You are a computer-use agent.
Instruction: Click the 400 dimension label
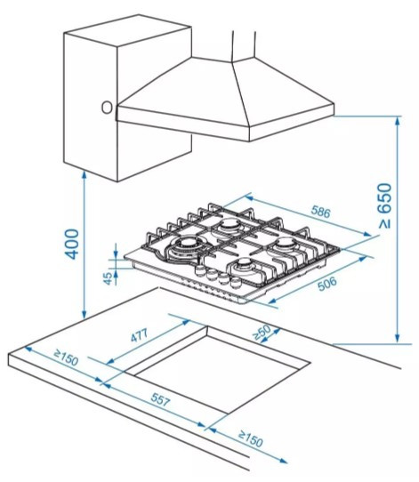(x=72, y=244)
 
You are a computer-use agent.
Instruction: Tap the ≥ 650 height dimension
(x=385, y=206)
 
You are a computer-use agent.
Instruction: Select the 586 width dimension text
(x=320, y=212)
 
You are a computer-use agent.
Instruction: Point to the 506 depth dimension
(x=327, y=284)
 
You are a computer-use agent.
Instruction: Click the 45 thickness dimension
(x=109, y=278)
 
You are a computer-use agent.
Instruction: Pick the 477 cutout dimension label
(x=140, y=335)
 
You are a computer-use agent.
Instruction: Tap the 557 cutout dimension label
(x=160, y=399)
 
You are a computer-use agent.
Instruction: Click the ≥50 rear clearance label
(x=262, y=333)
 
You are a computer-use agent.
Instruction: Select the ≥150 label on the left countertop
(x=66, y=357)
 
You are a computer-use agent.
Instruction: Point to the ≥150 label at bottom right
(x=251, y=439)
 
